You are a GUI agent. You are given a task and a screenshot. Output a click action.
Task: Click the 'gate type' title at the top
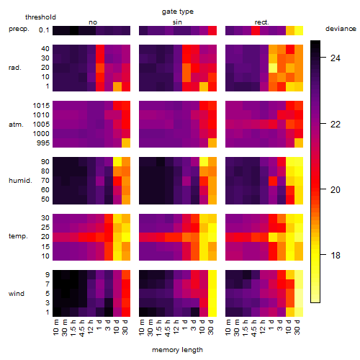point(178,12)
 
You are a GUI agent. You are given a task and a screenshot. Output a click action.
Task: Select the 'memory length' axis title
point(177,350)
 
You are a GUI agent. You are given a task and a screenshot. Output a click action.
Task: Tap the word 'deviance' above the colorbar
point(341,29)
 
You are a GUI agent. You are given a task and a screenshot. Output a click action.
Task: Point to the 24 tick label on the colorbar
point(336,58)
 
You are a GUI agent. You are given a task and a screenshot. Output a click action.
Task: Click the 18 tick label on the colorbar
point(336,256)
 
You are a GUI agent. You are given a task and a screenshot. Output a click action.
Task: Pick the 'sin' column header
point(177,22)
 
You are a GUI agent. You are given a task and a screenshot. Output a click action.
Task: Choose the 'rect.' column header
point(262,22)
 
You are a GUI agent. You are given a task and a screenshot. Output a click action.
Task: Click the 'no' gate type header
point(93,22)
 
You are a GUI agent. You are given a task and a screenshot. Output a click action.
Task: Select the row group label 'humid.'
point(20,181)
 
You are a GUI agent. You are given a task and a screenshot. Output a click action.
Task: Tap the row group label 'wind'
point(17,294)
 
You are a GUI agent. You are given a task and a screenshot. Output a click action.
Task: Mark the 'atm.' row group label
point(16,125)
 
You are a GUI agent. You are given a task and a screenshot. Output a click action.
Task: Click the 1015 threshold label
point(41,106)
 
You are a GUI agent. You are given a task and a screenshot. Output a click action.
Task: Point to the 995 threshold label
point(43,143)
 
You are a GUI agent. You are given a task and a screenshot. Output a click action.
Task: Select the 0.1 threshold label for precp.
point(44,30)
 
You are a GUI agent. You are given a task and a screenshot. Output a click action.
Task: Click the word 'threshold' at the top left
point(40,17)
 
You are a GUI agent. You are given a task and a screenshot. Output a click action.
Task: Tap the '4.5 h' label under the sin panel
point(168,328)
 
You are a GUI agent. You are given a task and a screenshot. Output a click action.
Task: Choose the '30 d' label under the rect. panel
point(298,327)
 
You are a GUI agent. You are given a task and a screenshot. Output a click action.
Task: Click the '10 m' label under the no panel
point(57,328)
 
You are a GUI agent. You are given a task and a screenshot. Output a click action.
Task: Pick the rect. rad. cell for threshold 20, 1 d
point(273,68)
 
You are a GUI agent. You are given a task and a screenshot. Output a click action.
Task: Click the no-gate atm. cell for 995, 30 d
point(126,143)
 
